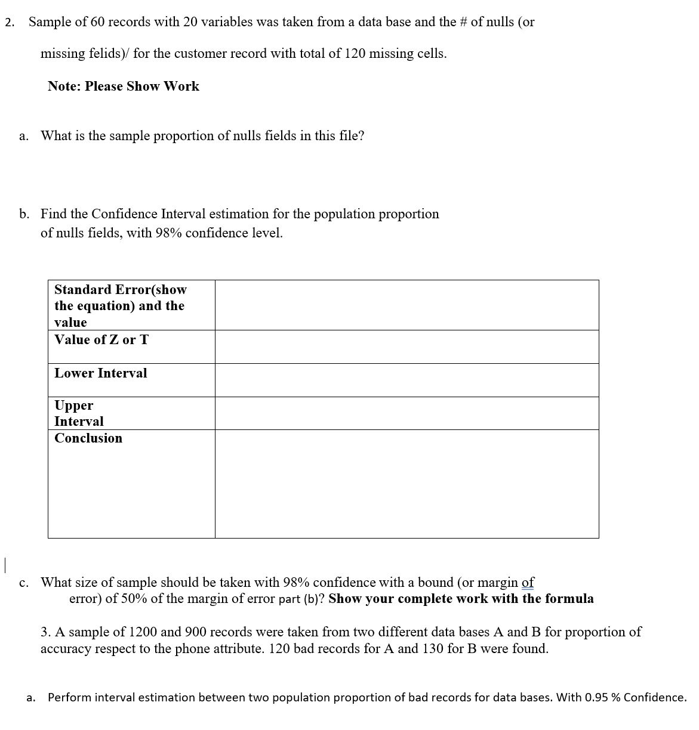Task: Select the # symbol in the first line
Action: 464,22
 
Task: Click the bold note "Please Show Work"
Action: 142,86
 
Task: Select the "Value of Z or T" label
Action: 101,340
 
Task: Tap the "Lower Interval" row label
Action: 100,373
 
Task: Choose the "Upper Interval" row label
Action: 79,413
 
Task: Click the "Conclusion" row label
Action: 88,438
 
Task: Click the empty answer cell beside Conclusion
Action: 407,484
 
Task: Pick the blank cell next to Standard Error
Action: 407,305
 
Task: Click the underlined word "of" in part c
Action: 528,582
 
